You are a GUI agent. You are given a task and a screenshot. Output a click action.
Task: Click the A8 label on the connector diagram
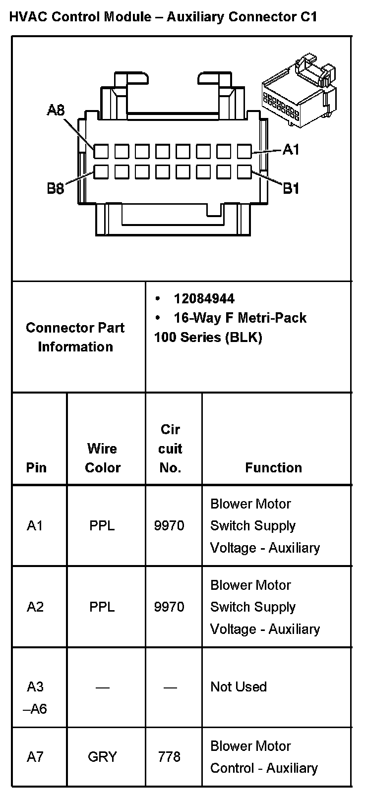click(x=56, y=110)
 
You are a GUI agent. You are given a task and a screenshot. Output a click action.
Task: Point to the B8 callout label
click(x=56, y=188)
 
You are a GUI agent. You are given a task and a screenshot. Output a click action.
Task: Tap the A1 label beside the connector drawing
click(x=291, y=149)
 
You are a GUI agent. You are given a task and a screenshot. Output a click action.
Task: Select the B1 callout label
click(x=291, y=188)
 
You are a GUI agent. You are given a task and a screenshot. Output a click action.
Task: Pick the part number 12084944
click(x=204, y=298)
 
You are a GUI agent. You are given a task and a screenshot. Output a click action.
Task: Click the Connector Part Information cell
click(x=75, y=337)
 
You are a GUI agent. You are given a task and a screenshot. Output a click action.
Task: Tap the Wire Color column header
click(x=103, y=458)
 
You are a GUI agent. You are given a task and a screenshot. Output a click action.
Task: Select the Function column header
click(x=273, y=467)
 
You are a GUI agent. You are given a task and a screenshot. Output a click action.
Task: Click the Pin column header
click(x=36, y=467)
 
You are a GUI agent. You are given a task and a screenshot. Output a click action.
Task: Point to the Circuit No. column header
click(x=170, y=449)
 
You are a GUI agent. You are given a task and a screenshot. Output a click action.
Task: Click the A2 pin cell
click(x=35, y=607)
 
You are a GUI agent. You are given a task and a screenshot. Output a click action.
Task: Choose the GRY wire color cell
click(x=102, y=757)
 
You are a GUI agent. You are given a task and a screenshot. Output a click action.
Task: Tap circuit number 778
click(x=169, y=757)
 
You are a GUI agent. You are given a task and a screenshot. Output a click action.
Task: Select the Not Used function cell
click(x=239, y=687)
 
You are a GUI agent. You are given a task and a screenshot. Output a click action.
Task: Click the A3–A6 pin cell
click(x=35, y=697)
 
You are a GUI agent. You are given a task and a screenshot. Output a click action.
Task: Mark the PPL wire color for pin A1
click(x=102, y=525)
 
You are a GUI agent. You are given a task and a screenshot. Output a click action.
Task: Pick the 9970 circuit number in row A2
click(x=169, y=607)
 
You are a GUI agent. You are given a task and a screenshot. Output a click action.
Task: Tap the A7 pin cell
click(x=35, y=757)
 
